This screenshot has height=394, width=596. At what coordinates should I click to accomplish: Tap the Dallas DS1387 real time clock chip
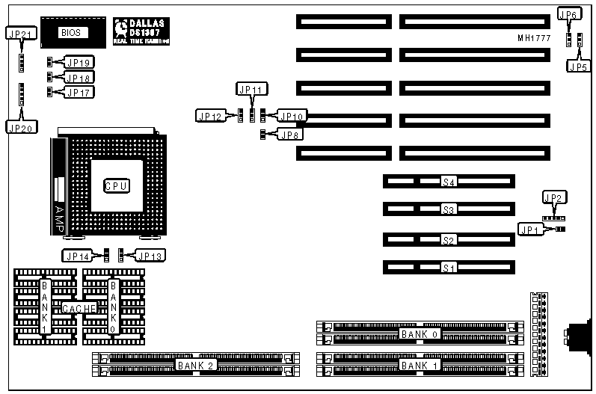click(x=142, y=31)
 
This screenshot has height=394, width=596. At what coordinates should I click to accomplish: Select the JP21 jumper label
click(x=19, y=34)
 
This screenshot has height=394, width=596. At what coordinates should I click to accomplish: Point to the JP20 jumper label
click(x=19, y=127)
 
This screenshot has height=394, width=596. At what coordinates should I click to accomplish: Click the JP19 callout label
click(x=79, y=63)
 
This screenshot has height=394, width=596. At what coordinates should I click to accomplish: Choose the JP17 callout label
click(x=79, y=92)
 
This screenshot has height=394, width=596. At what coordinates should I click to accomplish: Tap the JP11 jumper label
click(x=251, y=89)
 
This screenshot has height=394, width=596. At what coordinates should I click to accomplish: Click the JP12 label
click(x=209, y=116)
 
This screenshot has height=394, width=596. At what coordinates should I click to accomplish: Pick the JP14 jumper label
click(x=78, y=256)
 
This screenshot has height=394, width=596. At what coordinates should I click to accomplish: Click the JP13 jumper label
click(x=150, y=256)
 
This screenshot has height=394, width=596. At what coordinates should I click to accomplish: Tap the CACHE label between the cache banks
click(x=79, y=308)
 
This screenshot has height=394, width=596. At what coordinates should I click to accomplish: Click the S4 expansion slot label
click(x=449, y=181)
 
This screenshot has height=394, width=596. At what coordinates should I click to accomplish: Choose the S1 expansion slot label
click(x=449, y=267)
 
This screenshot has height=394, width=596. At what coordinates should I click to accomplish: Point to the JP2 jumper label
click(x=554, y=198)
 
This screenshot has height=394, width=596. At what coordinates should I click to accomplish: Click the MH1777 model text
click(x=535, y=37)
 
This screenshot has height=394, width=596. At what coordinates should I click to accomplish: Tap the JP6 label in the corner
click(x=569, y=14)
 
